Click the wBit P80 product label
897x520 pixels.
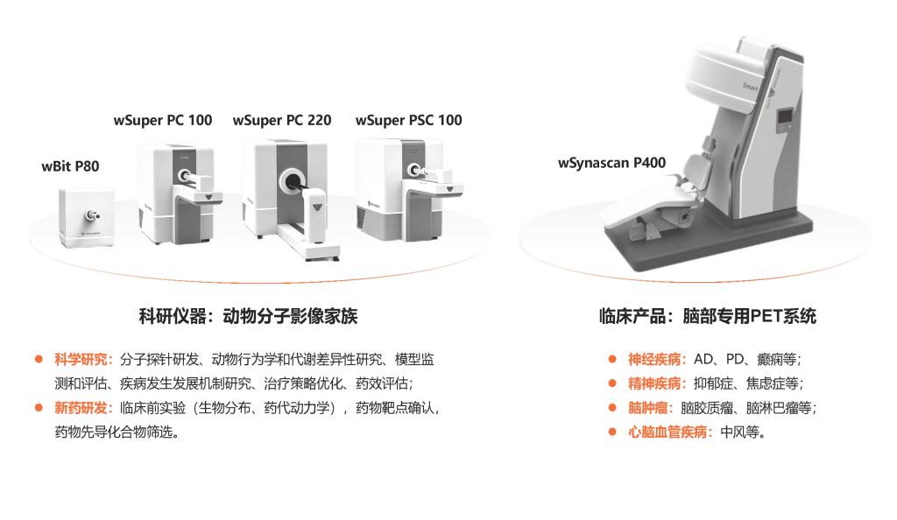[70, 166]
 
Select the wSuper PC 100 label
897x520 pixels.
[163, 121]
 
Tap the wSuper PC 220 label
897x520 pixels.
[282, 121]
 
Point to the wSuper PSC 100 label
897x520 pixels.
[408, 120]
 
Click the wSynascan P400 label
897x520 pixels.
[611, 164]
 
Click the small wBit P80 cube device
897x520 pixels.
[87, 219]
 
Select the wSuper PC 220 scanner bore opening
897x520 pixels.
[293, 182]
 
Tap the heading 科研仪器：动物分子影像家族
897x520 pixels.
[248, 316]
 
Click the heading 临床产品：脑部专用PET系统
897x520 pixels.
[707, 316]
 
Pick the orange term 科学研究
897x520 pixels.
[81, 360]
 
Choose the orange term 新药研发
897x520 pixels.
[81, 408]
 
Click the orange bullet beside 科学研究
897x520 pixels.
[39, 360]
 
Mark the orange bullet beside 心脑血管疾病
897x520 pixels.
[612, 432]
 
